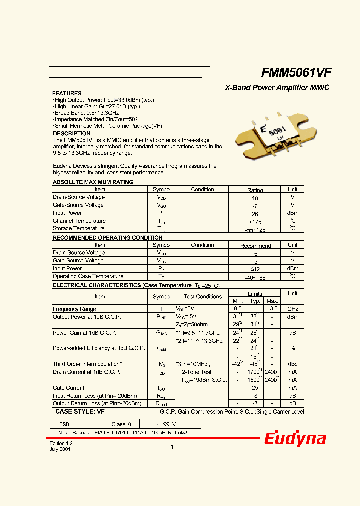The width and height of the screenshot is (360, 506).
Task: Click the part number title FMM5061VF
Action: (296, 73)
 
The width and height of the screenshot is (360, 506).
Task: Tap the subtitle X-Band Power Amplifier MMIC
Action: (277, 88)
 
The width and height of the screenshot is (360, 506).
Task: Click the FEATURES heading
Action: (67, 93)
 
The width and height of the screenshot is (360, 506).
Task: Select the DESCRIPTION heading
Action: (71, 133)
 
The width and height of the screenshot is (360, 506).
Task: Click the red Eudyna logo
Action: (295, 439)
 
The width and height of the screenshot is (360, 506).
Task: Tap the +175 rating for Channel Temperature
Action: (255, 221)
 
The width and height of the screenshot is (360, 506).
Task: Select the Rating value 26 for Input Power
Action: (255, 213)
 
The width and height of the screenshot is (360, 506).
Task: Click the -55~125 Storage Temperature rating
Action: (255, 229)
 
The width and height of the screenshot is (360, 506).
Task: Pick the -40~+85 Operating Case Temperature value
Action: (255, 276)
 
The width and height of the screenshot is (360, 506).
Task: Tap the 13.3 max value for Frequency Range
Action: (272, 309)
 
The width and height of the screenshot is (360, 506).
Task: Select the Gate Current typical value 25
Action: (255, 388)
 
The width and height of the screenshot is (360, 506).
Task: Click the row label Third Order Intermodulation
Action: (87, 364)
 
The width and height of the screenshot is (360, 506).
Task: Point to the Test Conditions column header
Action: (202, 296)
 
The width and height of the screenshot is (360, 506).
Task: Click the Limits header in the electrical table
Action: (255, 294)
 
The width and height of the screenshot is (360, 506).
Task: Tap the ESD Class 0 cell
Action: (121, 424)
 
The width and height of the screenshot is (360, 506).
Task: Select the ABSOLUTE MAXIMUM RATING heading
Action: (93, 182)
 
